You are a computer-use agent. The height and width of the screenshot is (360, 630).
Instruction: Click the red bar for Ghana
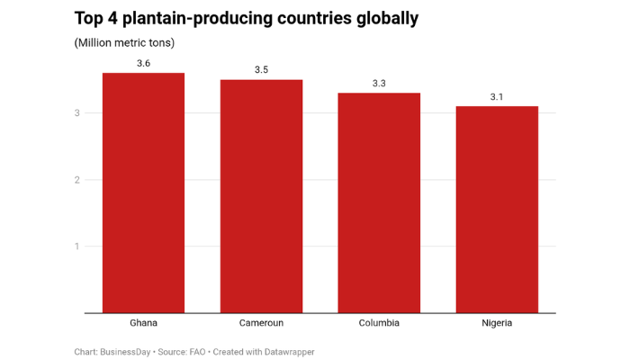pyautogui.click(x=143, y=193)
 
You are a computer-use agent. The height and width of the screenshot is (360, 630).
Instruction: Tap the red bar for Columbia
pyautogui.click(x=379, y=202)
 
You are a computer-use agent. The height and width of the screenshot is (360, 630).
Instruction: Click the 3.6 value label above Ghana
pyautogui.click(x=143, y=63)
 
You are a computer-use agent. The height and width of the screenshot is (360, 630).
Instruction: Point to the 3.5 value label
pyautogui.click(x=261, y=69)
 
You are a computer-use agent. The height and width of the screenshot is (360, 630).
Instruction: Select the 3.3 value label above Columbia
pyautogui.click(x=379, y=83)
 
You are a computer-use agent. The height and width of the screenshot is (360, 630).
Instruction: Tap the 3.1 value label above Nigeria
pyautogui.click(x=497, y=96)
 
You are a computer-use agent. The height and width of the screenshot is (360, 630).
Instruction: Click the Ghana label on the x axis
pyautogui.click(x=143, y=323)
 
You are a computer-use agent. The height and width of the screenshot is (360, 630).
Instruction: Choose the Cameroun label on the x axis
pyautogui.click(x=261, y=323)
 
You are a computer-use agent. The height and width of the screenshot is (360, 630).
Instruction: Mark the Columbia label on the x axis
pyautogui.click(x=379, y=323)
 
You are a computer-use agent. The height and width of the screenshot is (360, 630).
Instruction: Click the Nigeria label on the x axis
pyautogui.click(x=497, y=323)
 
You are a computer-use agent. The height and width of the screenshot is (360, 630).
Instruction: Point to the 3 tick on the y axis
pyautogui.click(x=78, y=113)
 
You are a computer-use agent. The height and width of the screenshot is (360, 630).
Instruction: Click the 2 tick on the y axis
pyautogui.click(x=78, y=180)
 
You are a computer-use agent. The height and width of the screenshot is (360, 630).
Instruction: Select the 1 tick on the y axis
pyautogui.click(x=78, y=247)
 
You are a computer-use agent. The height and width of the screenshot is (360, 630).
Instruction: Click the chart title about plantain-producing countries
pyautogui.click(x=246, y=18)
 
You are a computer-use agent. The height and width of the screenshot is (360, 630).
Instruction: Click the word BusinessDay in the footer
pyautogui.click(x=126, y=352)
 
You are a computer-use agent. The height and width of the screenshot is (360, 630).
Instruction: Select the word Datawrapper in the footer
pyautogui.click(x=288, y=352)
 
